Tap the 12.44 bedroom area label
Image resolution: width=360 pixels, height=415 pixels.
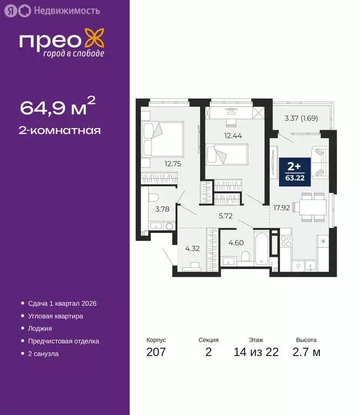[x=233, y=136]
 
